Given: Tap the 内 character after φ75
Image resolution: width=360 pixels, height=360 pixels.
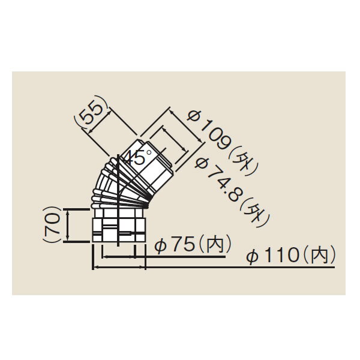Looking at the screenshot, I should point(213,245).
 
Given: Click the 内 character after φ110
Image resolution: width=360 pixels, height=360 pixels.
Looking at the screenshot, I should point(316,256).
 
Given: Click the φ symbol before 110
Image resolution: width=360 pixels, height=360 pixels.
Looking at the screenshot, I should point(253,256).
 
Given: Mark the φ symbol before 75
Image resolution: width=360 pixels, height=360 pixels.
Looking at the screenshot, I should point(161,246).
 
